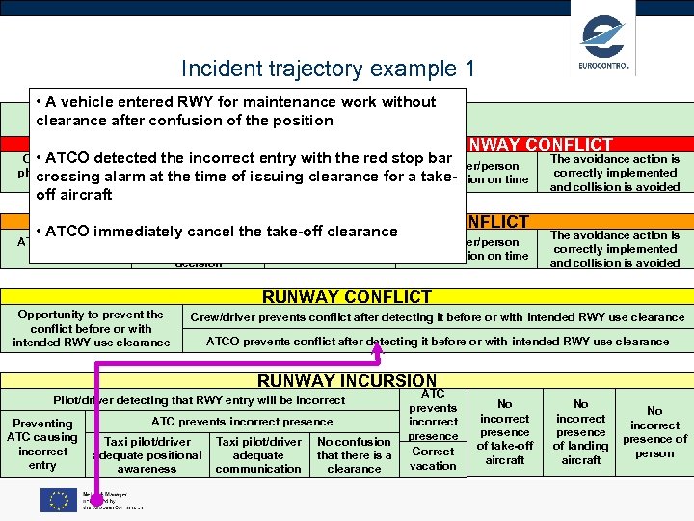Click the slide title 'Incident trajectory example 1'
tap(328, 69)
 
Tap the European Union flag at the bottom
tap(58, 500)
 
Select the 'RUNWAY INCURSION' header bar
tap(347, 381)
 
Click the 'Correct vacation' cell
tap(433, 458)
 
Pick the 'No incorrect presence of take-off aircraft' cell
tap(504, 432)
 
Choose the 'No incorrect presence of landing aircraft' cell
tap(581, 432)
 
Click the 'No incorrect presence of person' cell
tap(654, 432)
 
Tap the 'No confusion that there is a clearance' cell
tap(354, 454)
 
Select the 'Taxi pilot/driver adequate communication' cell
tap(258, 454)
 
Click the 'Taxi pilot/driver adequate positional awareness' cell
tap(147, 454)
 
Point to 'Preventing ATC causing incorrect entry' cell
tap(42, 444)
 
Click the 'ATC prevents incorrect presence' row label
tap(242, 421)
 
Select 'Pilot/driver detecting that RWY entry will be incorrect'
tap(200, 399)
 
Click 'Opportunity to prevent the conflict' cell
tap(91, 328)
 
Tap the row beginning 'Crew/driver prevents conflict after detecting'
tap(437, 317)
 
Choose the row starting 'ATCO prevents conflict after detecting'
tap(437, 341)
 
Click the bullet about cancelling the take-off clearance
tap(217, 232)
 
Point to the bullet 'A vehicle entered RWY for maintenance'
tap(235, 111)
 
